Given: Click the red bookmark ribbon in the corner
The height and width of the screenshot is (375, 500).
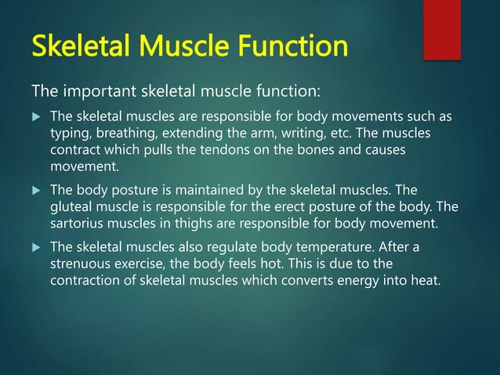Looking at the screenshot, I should click(441, 29).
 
